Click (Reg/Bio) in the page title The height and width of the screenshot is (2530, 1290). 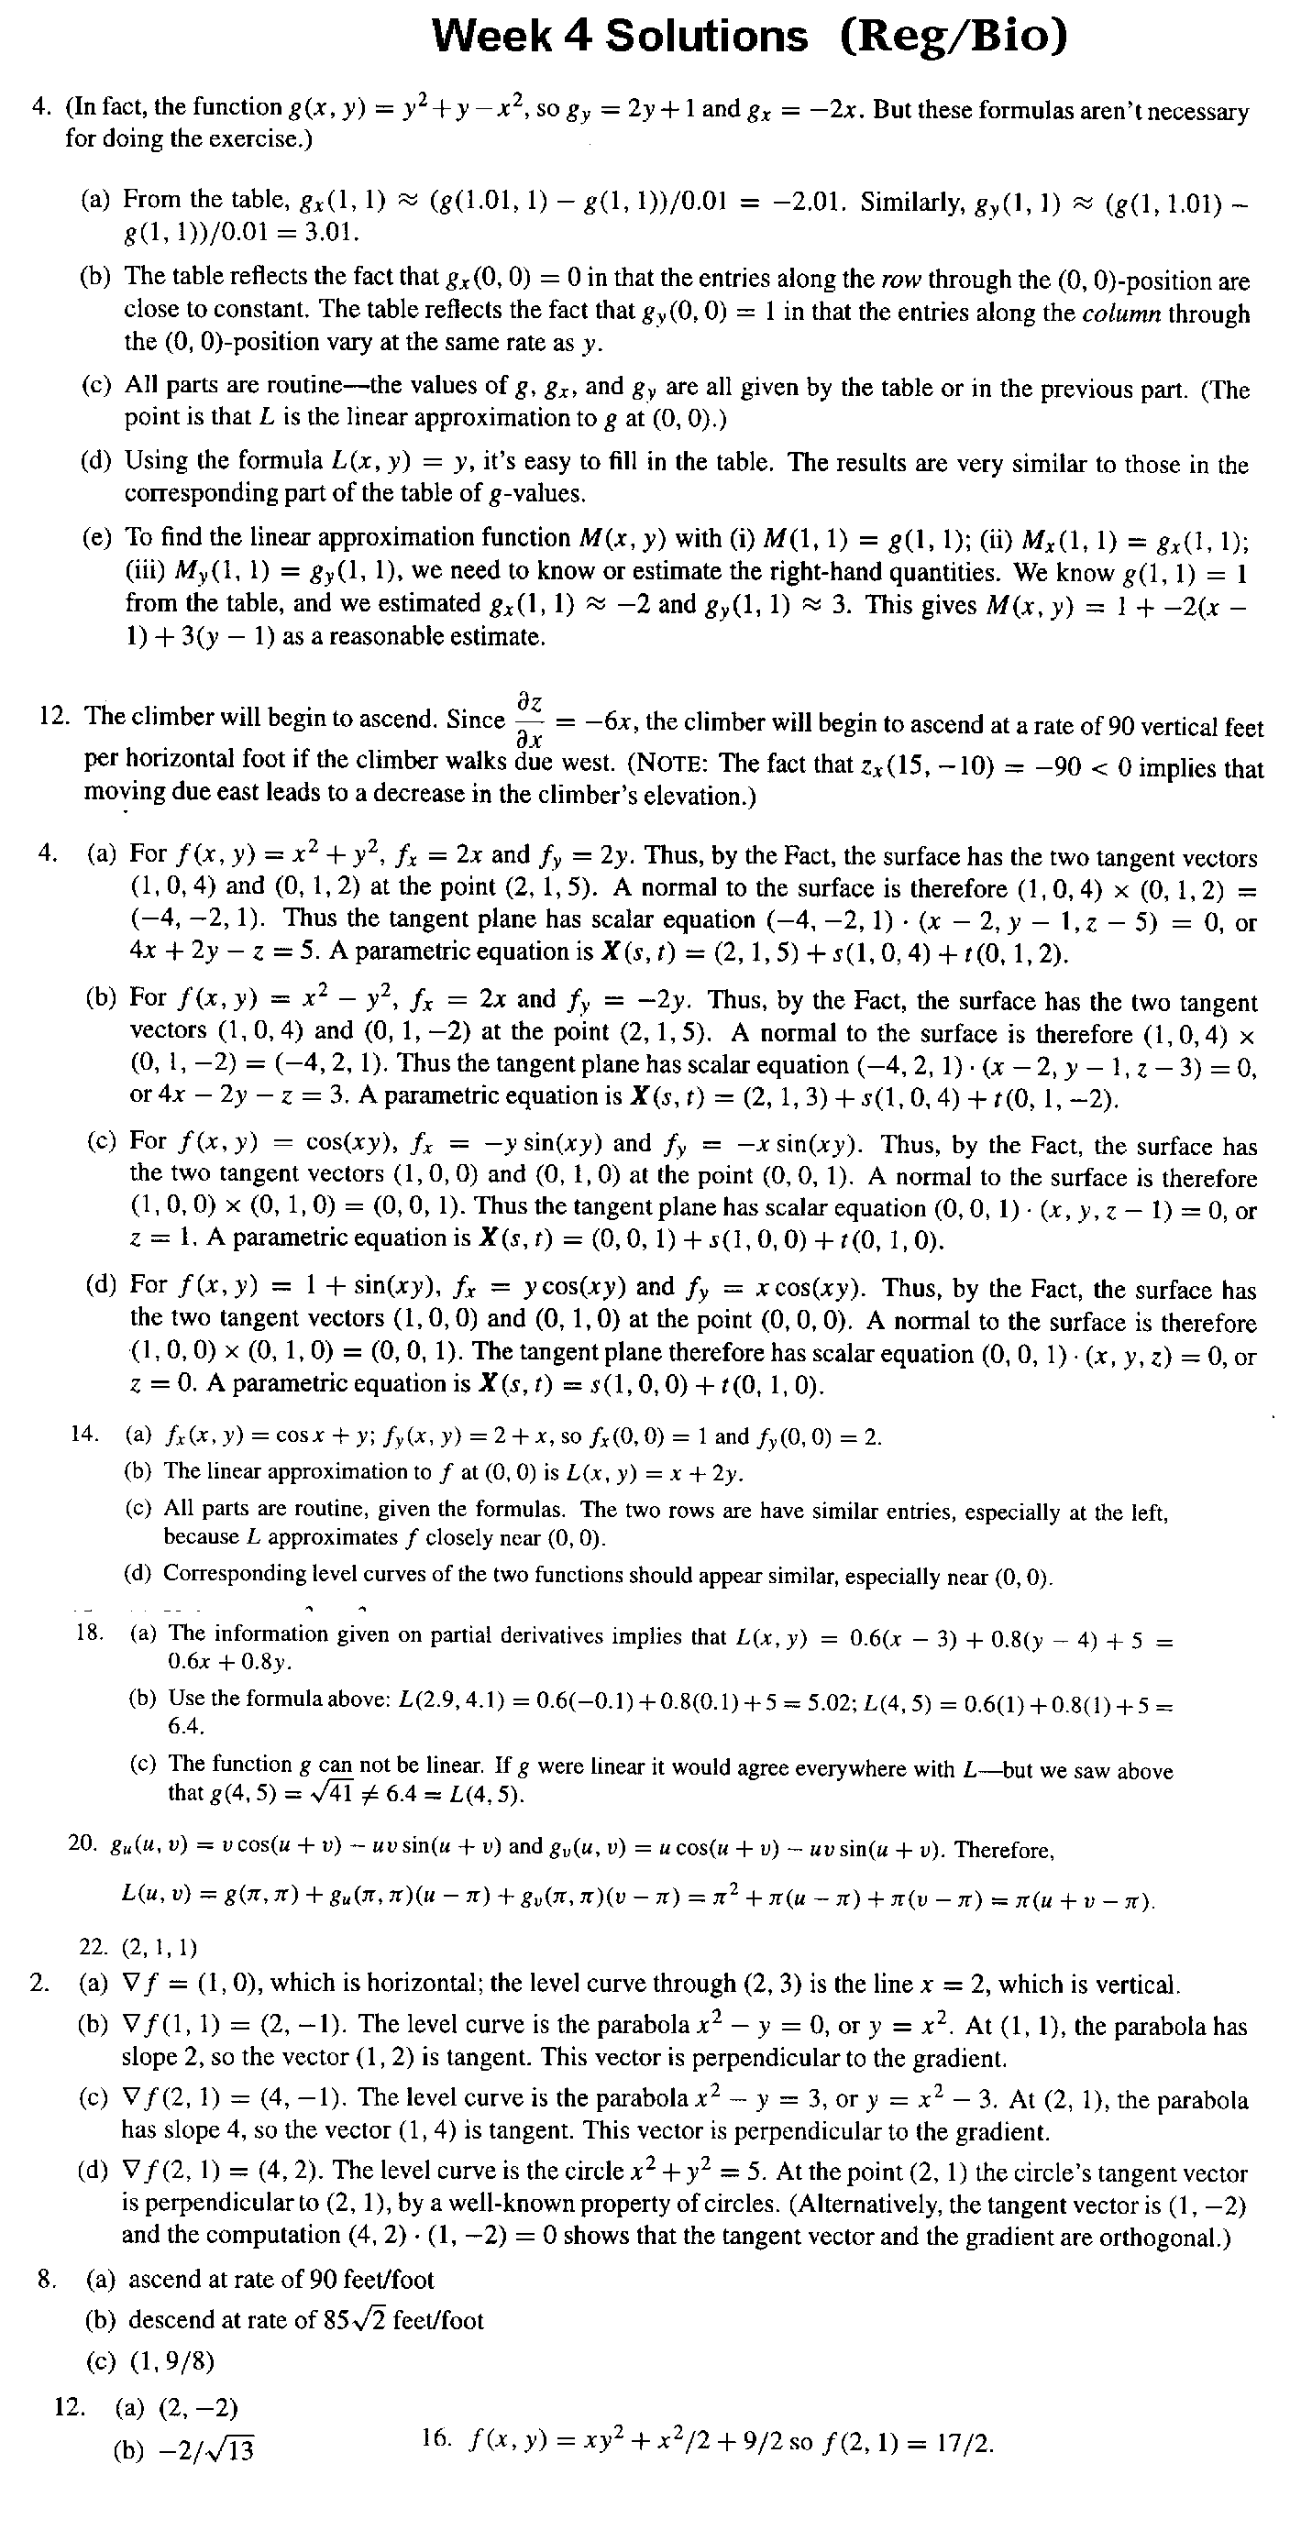953,38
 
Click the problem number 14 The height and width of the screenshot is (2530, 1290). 84,1435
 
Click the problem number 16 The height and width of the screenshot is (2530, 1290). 436,2440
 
